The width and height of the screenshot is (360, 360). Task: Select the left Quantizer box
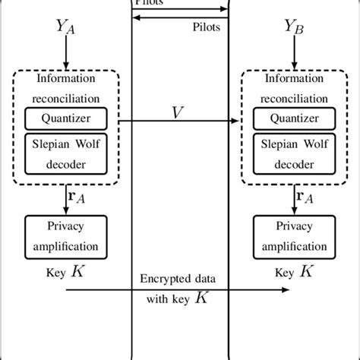coord(67,118)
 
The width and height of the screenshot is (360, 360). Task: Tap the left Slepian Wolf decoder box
coord(67,154)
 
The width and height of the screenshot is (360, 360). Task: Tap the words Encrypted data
coord(179,279)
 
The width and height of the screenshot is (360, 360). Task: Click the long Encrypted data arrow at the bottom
coord(179,289)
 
